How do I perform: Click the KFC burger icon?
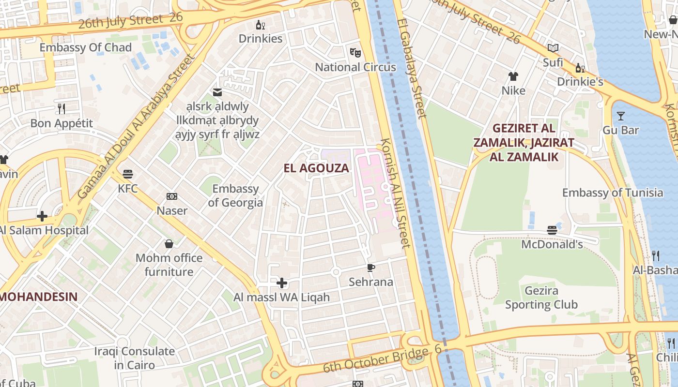[128, 174]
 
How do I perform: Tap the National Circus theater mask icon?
[355, 52]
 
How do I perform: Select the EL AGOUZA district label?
[316, 168]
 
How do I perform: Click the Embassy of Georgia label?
[235, 195]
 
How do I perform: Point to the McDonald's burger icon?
[552, 230]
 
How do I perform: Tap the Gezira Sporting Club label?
[541, 298]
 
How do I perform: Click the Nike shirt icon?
[513, 76]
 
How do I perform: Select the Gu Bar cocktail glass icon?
[620, 116]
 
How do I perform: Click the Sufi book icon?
[553, 48]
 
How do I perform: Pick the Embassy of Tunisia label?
[613, 193]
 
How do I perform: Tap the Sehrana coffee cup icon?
[371, 268]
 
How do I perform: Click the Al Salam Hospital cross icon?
[42, 216]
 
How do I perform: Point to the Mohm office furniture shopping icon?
[169, 243]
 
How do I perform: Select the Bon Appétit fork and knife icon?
[61, 108]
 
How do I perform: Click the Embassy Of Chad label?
[85, 47]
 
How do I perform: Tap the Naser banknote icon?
[172, 196]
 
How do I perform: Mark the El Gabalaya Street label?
[412, 68]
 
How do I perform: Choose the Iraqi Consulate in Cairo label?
[134, 358]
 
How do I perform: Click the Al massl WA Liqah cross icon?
[282, 283]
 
